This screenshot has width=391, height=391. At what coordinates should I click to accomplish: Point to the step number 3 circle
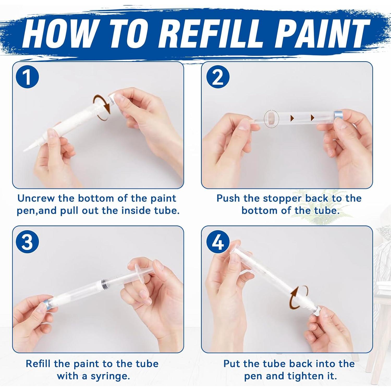27,242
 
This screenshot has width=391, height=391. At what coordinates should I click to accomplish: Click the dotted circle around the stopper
271,119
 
